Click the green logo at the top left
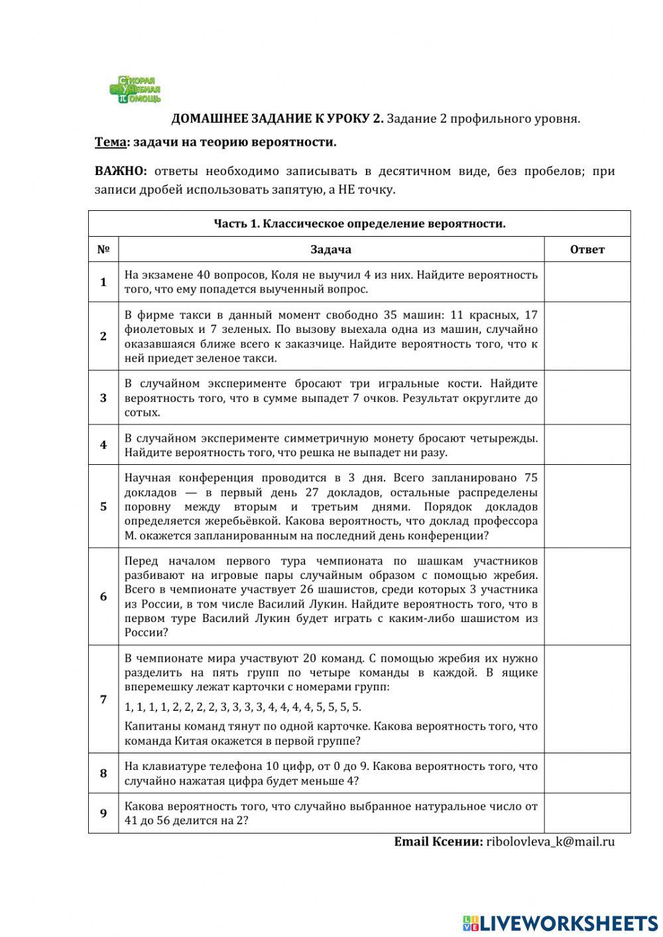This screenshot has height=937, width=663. point(135,90)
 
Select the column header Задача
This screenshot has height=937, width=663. point(331,249)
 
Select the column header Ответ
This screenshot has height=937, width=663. point(587,249)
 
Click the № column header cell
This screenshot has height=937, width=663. point(103,249)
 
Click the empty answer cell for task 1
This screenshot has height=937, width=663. point(587,282)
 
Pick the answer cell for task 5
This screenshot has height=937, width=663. point(587,506)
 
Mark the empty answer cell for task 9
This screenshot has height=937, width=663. point(587,813)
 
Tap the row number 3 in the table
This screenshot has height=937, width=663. point(103,398)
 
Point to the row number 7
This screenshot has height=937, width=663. point(103,699)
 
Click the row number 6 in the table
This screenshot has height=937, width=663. point(103,596)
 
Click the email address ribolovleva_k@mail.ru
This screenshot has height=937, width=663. point(550,842)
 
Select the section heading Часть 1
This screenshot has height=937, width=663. point(359,223)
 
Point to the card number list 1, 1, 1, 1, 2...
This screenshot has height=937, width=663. point(243,707)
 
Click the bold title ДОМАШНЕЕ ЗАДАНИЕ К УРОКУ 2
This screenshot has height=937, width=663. point(277,119)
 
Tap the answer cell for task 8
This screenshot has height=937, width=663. point(587,773)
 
